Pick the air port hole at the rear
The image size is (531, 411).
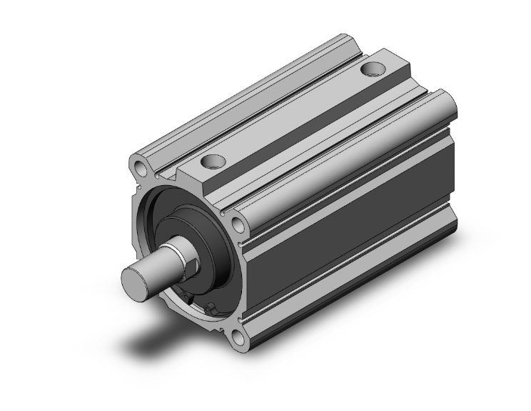[373, 69]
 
